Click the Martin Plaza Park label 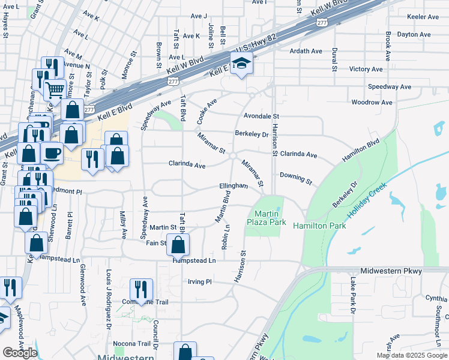pos(266,218)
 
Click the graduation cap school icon pos(241,63)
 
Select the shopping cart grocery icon pos(55,89)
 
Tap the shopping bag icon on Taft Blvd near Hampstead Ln pos(178,244)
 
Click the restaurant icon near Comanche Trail pos(141,289)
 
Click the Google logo pos(20,353)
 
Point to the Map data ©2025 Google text pos(411,355)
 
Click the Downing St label pos(296,178)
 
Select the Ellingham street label pos(234,186)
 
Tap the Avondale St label pos(262,116)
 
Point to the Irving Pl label pos(200,281)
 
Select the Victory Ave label pos(366,69)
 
